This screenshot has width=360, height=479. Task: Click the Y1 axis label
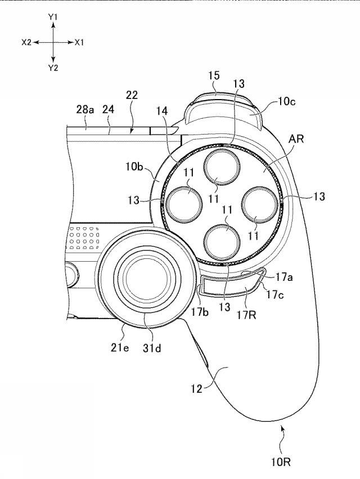(x=53, y=18)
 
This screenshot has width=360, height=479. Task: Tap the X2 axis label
(x=27, y=42)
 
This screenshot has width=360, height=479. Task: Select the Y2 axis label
(x=53, y=68)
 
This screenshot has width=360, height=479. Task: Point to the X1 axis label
(x=79, y=42)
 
